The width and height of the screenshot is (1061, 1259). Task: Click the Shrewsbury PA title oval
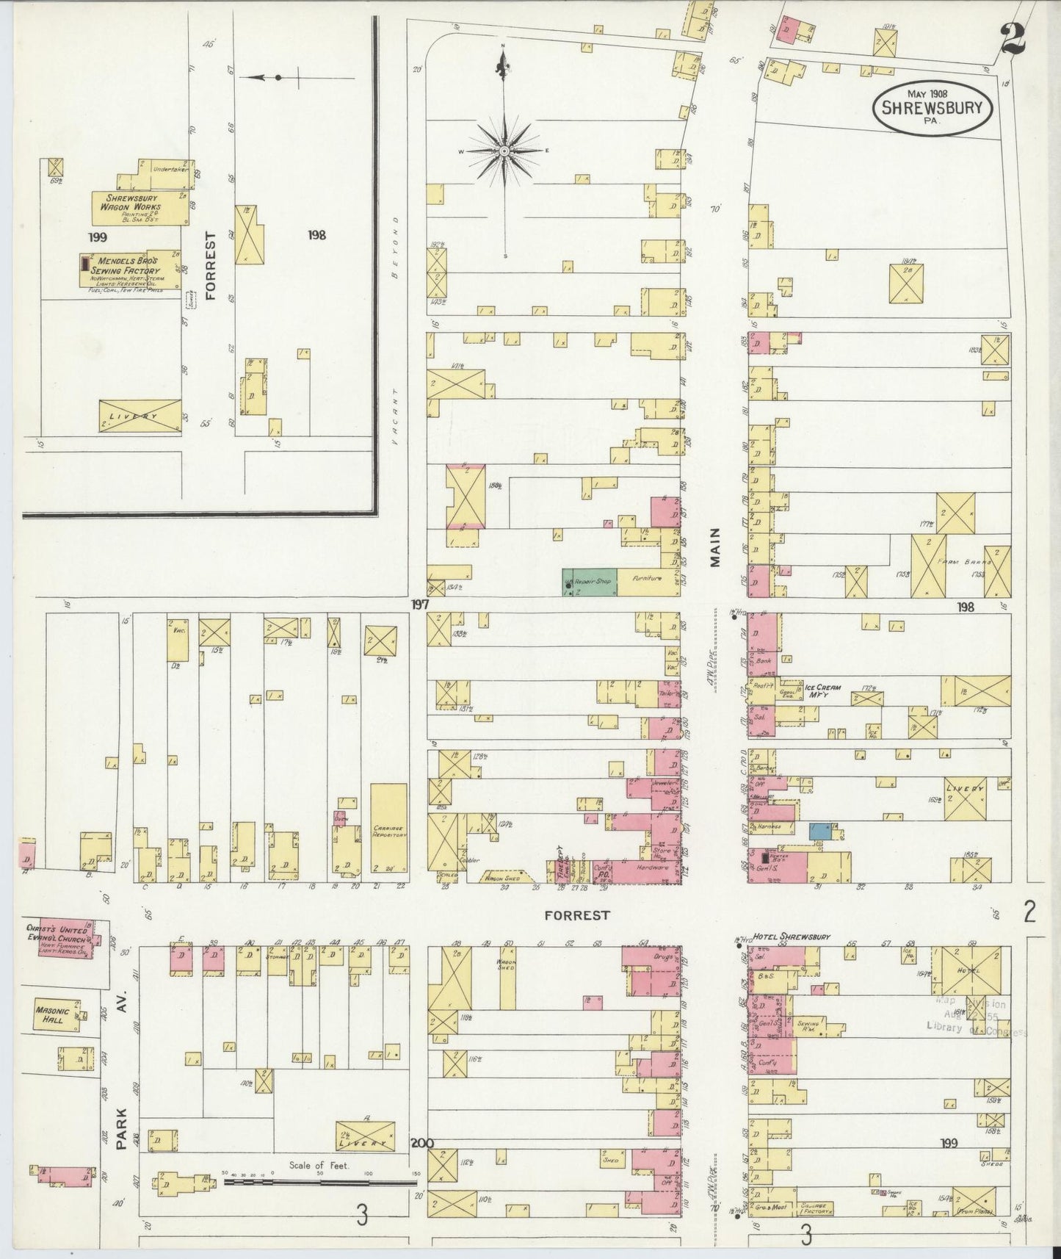[x=933, y=108]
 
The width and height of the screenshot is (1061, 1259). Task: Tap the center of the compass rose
[x=504, y=151]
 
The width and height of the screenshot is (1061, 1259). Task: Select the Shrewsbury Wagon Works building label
[x=133, y=203]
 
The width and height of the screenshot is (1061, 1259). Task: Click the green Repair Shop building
[x=589, y=581]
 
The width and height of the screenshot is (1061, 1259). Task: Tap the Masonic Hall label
[x=53, y=1015]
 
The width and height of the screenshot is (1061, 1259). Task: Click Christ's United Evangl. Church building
[x=65, y=937]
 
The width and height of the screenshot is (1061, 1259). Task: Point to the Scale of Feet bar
[x=320, y=1183]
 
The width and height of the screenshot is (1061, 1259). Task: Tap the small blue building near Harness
[x=819, y=831]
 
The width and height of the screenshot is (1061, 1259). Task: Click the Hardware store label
[x=645, y=867]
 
